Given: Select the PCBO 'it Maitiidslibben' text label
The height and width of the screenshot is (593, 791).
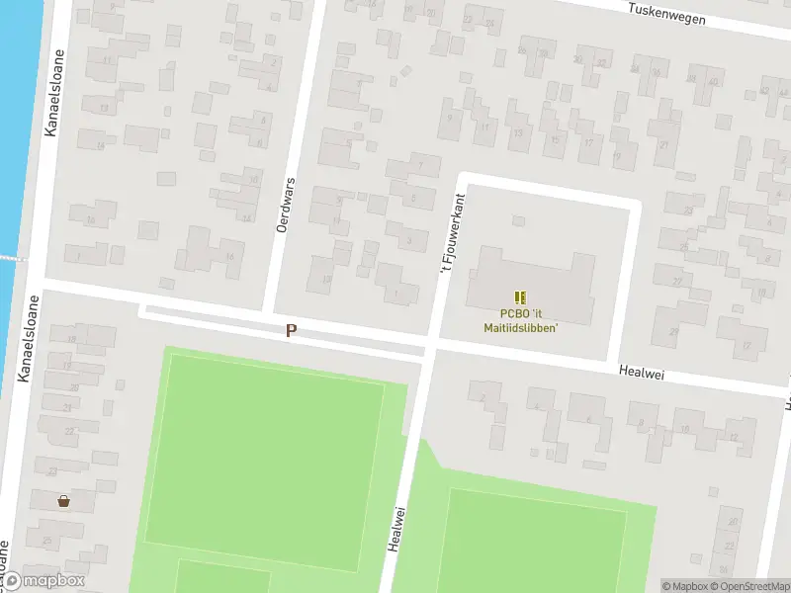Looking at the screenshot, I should [x=521, y=321].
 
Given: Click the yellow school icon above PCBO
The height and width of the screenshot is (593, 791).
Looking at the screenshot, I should [x=521, y=296].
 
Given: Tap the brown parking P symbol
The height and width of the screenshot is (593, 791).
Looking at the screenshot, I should [x=291, y=331].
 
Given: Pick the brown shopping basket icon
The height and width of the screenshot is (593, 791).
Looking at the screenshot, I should [x=64, y=500].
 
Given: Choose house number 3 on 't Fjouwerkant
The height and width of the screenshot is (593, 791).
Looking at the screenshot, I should [x=408, y=239].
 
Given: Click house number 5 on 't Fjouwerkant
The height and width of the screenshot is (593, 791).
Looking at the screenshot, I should [x=413, y=198].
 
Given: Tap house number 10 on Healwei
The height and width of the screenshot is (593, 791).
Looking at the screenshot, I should [x=684, y=429].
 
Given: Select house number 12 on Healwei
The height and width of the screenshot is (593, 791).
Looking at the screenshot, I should [x=733, y=436].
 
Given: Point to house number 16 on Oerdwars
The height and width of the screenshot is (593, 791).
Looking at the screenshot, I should [x=229, y=257].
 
